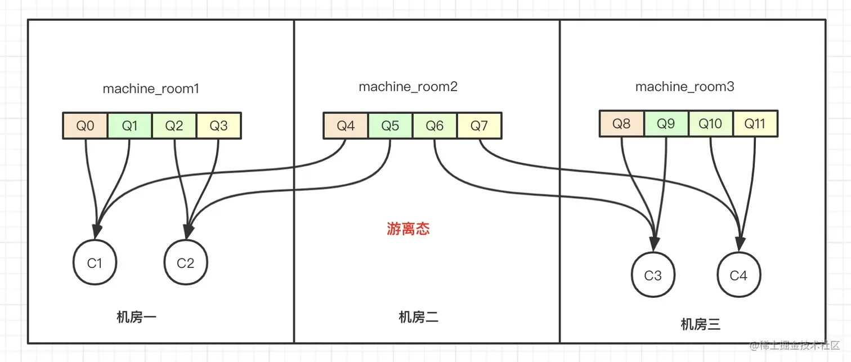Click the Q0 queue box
[85, 126]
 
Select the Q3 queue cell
[219, 126]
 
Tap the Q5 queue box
[390, 126]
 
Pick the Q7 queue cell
[479, 126]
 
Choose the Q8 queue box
[621, 124]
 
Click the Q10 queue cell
[710, 124]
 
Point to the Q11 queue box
[755, 124]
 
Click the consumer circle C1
[95, 263]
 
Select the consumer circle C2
[186, 263]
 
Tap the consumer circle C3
[653, 275]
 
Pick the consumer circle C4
[738, 275]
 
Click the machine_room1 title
[151, 89]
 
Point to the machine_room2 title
[408, 87]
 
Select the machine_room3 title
[685, 87]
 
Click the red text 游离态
[409, 229]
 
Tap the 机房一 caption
[136, 317]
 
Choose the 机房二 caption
[418, 317]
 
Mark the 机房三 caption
[700, 324]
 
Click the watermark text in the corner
[794, 345]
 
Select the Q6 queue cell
[435, 126]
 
